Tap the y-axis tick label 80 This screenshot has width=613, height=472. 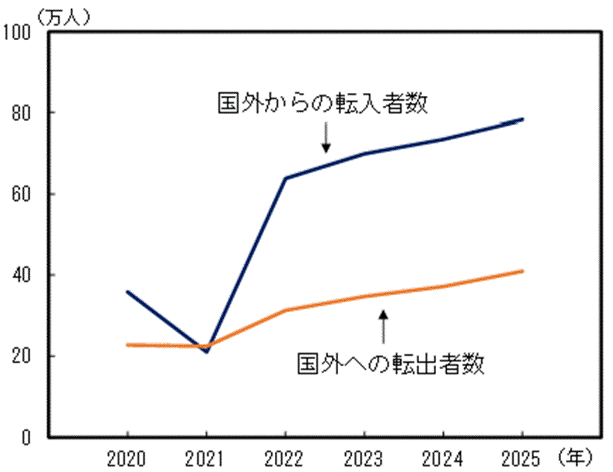tap(23, 113)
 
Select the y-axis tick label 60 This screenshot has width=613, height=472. tap(23, 194)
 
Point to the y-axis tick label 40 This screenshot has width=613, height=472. tap(23, 275)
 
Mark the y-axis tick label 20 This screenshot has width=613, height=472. tap(23, 356)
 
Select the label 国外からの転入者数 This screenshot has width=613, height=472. tap(323, 104)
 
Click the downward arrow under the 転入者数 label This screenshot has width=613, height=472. tap(326, 137)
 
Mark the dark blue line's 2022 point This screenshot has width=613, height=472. tap(285, 178)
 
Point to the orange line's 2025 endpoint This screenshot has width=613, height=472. tap(522, 271)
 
